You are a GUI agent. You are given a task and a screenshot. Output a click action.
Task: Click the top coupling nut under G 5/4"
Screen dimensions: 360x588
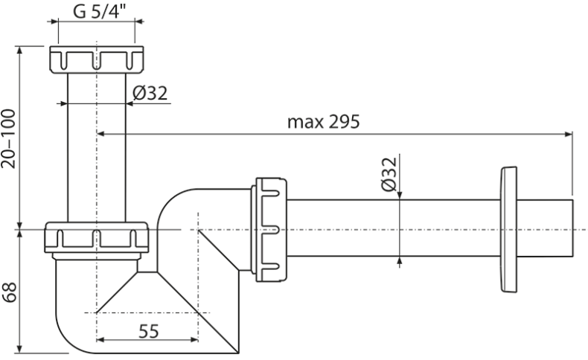coord(95,60)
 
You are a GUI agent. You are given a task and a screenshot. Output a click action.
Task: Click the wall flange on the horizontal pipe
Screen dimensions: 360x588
coord(510,230)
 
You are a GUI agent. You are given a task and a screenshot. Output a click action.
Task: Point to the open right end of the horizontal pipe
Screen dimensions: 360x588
coord(572,230)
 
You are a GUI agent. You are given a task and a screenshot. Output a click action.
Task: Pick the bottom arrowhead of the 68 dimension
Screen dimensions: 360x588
coord(20,350)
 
